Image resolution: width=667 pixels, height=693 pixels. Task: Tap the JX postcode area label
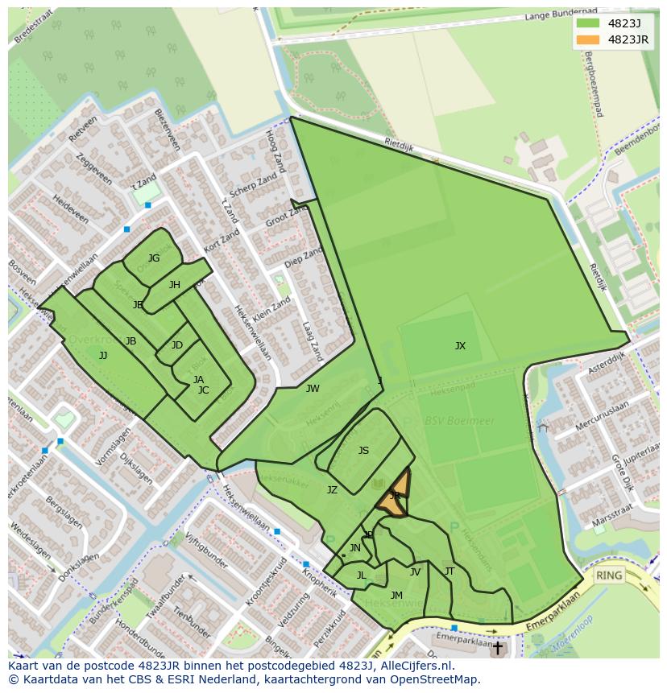point(460,346)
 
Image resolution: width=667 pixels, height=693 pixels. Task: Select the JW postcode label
point(313,389)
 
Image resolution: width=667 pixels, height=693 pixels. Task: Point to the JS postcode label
point(363,451)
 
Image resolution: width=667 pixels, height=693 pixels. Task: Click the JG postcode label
point(154,258)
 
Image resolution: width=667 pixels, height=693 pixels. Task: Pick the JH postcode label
point(175,285)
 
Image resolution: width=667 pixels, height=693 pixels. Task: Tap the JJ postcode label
point(103,355)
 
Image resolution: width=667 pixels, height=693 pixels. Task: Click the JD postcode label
point(177,345)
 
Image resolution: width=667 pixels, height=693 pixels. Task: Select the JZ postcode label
point(332,489)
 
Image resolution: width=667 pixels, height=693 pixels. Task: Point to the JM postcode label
point(396,596)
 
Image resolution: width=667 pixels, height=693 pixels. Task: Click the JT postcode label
point(449,571)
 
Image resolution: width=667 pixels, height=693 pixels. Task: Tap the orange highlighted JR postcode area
point(396,495)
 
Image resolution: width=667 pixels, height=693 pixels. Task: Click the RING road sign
point(610,575)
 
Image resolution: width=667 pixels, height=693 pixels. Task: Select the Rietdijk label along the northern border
point(398,144)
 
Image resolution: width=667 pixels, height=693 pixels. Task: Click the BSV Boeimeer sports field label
point(449,421)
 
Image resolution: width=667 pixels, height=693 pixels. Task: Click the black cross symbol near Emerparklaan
point(497,647)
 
